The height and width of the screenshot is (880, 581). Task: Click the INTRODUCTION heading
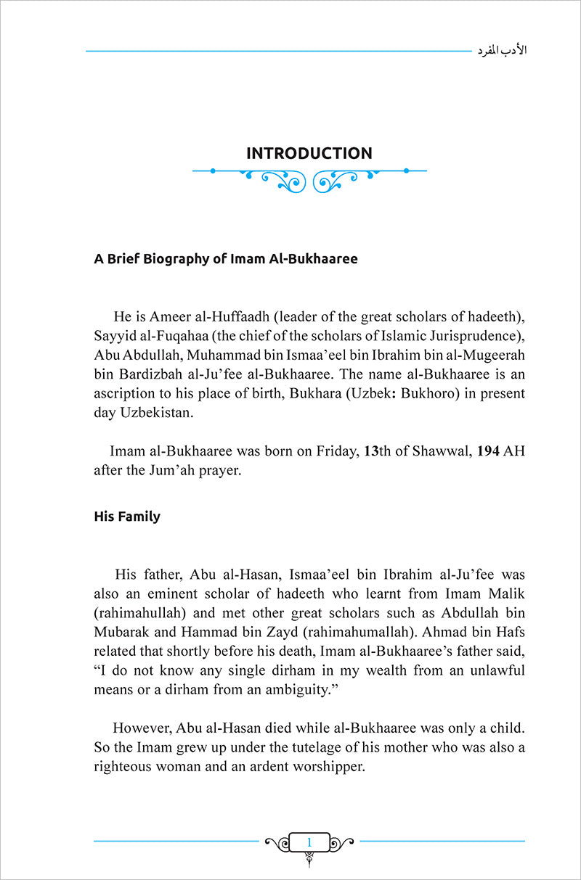coord(309,153)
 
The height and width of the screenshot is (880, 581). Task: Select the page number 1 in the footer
coord(309,842)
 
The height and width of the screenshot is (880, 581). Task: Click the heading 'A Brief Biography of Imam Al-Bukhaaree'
coord(226,259)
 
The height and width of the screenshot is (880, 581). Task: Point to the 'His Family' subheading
coord(127,517)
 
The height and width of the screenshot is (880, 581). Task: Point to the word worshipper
coord(325,767)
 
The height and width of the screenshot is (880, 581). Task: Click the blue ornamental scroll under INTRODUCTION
coord(309,178)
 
